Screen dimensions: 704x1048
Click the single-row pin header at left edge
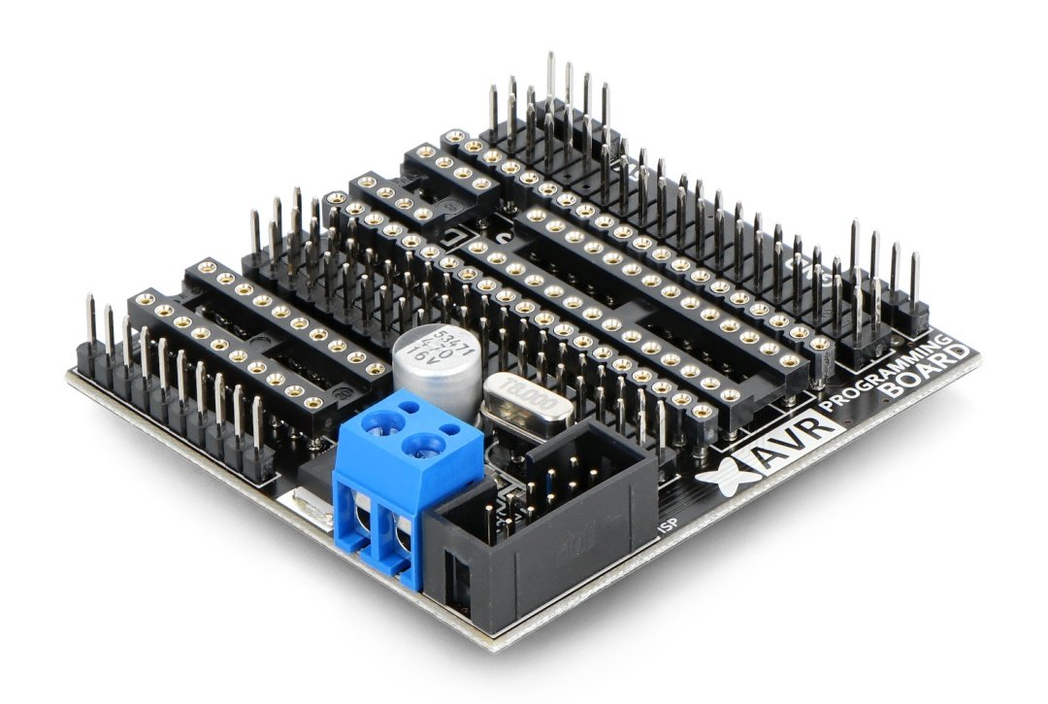(175, 408)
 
